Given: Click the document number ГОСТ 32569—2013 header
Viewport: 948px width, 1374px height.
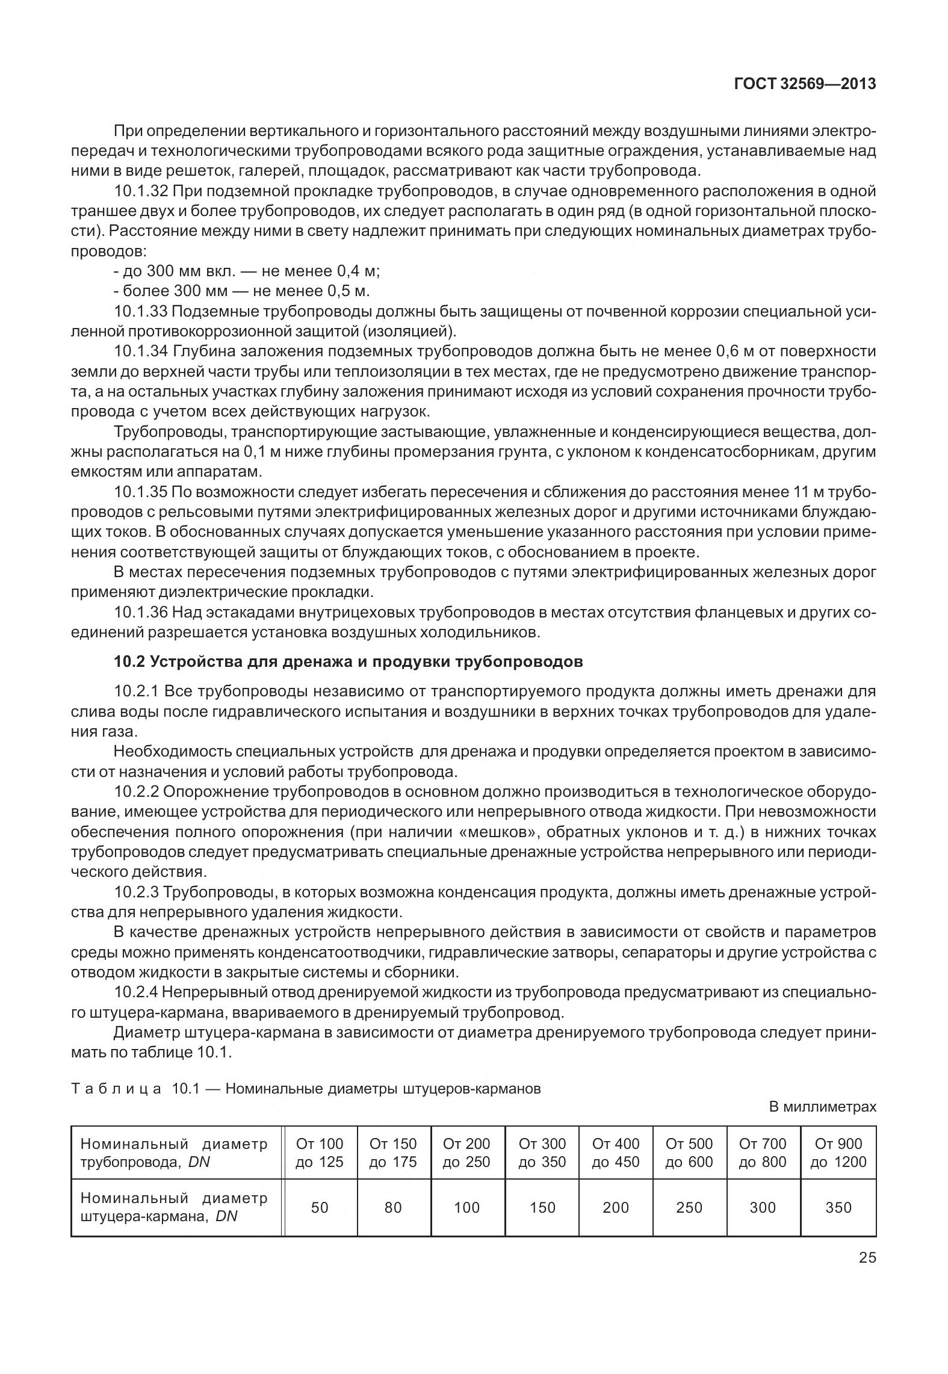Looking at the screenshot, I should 805,84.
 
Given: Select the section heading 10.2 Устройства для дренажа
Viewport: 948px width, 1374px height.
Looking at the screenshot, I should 348,662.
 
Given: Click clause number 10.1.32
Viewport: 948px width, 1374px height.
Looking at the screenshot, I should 142,192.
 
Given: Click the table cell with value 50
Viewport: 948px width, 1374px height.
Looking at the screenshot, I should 320,1207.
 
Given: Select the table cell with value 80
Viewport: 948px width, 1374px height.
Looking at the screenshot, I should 393,1207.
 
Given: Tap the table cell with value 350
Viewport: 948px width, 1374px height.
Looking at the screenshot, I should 838,1207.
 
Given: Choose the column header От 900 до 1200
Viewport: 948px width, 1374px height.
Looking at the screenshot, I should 838,1153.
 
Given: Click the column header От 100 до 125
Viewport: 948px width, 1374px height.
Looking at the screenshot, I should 320,1153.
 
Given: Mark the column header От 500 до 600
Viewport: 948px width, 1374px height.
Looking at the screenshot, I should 689,1153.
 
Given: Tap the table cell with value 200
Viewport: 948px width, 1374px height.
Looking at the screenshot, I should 616,1207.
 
